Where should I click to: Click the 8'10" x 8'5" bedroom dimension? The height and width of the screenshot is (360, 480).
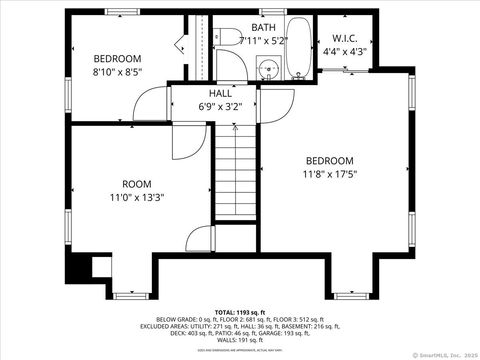(117, 72)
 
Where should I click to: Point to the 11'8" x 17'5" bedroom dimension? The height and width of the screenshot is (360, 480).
(330, 174)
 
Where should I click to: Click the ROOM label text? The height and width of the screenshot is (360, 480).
(137, 184)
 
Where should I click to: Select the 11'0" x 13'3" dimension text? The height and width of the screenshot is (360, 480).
(137, 197)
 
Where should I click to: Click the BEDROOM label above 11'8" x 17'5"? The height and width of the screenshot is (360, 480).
(330, 161)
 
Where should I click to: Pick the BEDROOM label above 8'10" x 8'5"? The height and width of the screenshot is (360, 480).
(117, 59)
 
